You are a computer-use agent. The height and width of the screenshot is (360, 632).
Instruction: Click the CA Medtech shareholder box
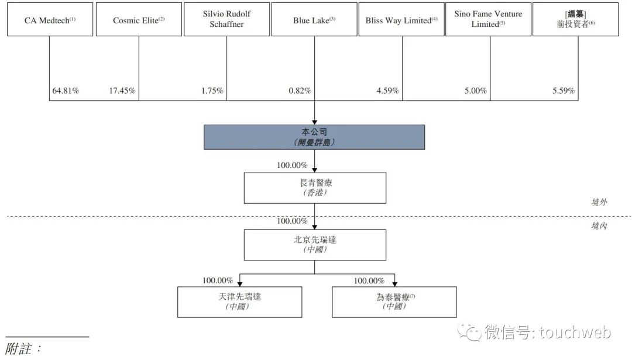(x=50, y=19)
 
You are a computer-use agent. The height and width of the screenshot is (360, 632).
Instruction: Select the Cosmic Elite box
(x=139, y=19)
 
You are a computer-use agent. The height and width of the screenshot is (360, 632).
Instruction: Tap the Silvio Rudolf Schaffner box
(x=226, y=19)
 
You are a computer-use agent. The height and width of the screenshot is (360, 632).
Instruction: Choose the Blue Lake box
(x=314, y=19)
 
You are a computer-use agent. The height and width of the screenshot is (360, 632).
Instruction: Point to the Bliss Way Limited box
(x=401, y=19)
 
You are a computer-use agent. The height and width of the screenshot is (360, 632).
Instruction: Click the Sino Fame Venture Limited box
(x=488, y=19)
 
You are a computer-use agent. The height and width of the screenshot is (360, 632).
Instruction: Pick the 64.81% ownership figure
(x=66, y=91)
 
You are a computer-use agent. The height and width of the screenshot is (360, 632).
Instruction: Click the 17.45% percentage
(x=122, y=91)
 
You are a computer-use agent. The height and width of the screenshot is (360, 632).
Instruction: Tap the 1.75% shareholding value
(x=212, y=91)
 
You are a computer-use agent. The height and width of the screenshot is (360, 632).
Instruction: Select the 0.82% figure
(x=300, y=91)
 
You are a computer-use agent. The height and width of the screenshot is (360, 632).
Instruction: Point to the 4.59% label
(x=387, y=91)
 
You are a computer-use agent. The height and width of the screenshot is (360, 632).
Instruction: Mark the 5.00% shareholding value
(x=475, y=91)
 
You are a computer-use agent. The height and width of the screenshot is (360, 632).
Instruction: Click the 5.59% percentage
(x=563, y=91)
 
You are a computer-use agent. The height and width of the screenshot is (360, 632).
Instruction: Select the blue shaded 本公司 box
(x=314, y=137)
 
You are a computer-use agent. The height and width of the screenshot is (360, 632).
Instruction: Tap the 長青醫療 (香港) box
(x=315, y=188)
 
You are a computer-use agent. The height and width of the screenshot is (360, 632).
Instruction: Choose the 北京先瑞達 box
(x=315, y=245)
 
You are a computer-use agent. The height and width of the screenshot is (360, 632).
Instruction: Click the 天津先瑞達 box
(x=239, y=302)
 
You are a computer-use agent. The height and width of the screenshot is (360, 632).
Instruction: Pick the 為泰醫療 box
(x=394, y=302)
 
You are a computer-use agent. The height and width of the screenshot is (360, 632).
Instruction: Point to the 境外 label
(x=599, y=202)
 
